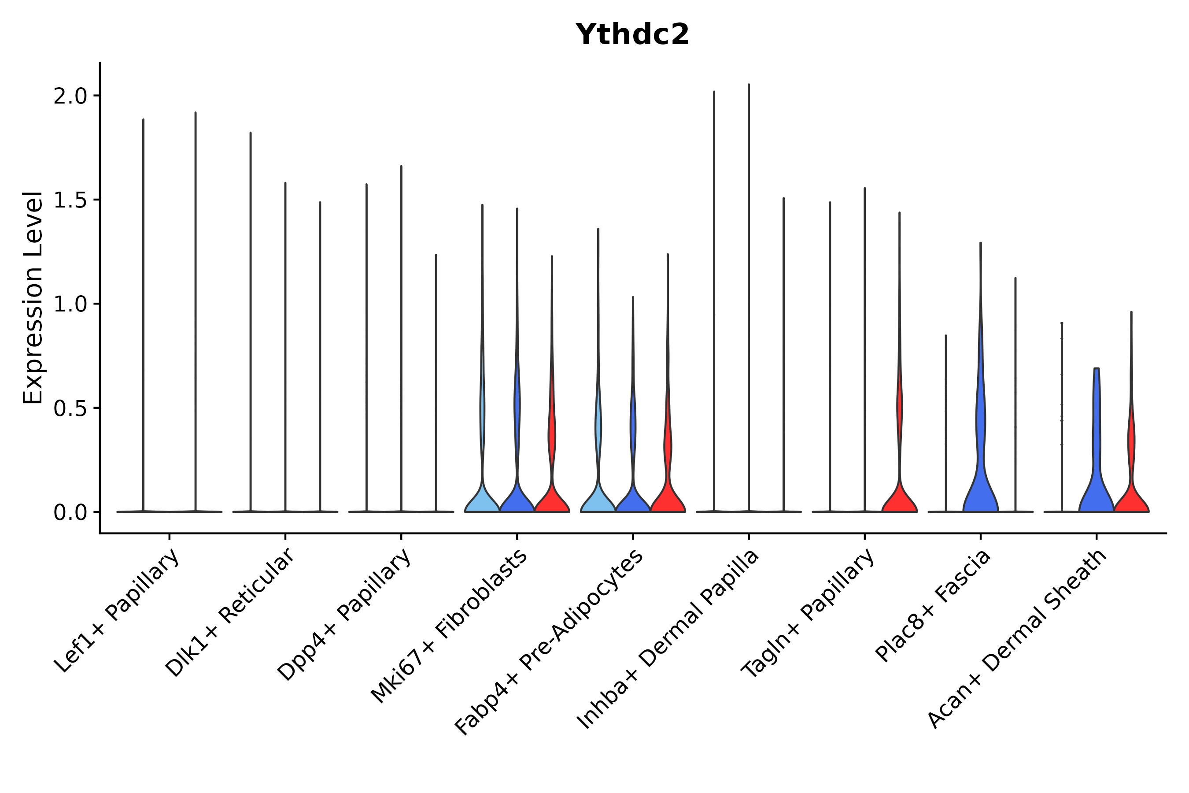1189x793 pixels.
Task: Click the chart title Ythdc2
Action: pyautogui.click(x=632, y=35)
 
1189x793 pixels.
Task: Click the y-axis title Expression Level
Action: pyautogui.click(x=33, y=297)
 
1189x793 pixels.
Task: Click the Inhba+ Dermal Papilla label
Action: pyautogui.click(x=668, y=639)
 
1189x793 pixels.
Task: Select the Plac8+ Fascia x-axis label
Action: pyautogui.click(x=933, y=606)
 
